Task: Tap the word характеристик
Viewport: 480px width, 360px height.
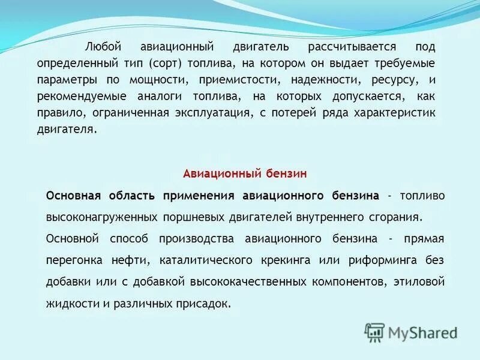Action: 397,113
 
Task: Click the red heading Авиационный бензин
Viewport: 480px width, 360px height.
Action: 245,174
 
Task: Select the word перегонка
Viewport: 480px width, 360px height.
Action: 73,260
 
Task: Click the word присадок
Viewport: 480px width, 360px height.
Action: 205,304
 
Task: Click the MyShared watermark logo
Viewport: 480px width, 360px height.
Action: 411,332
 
